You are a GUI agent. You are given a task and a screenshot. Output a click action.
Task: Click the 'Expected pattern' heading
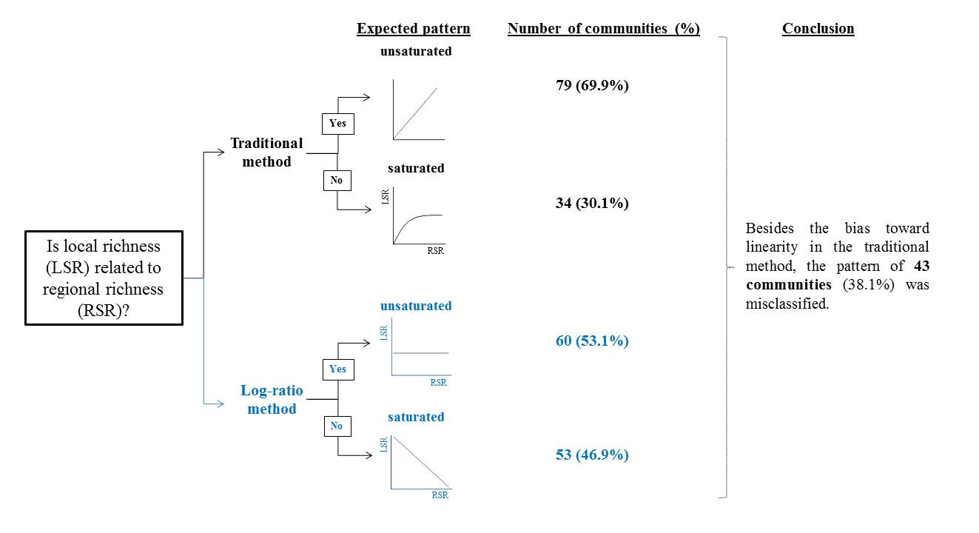point(413,29)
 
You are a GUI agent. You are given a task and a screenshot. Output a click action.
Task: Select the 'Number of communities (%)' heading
point(603,29)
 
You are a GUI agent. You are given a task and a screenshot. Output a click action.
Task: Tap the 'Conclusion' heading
point(818,29)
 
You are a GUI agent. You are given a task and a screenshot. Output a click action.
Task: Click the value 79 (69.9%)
point(592,85)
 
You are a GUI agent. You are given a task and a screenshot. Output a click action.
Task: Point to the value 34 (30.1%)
point(592,203)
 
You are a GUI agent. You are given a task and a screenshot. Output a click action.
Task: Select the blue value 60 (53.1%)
point(592,341)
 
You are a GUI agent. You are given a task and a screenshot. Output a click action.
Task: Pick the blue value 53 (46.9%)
point(592,455)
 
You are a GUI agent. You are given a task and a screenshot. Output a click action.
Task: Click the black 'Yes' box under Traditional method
point(338,124)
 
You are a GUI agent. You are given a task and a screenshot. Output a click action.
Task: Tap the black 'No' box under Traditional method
point(337,180)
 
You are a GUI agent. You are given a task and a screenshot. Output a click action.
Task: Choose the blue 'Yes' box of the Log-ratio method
point(337,369)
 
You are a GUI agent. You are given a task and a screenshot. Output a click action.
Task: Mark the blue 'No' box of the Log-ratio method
point(337,426)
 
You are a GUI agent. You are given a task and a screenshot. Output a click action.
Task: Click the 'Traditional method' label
point(266,152)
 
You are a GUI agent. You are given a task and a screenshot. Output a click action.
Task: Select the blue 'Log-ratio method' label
point(272,400)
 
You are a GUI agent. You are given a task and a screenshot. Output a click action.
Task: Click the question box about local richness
point(104,278)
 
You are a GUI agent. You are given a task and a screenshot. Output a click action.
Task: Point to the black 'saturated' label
point(416,168)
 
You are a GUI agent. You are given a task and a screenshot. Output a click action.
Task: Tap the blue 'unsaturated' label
point(416,306)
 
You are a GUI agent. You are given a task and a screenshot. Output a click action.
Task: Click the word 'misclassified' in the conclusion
point(786,304)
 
